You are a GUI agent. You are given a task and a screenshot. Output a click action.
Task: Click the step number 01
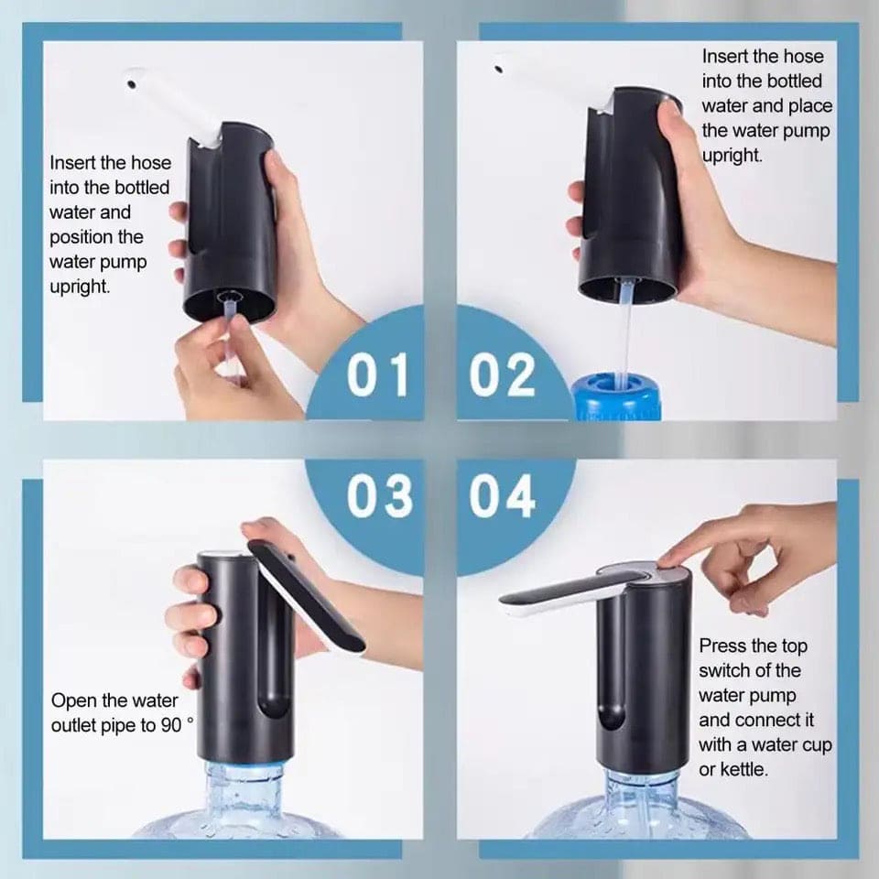(x=377, y=375)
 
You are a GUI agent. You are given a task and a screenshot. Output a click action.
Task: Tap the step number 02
(x=503, y=375)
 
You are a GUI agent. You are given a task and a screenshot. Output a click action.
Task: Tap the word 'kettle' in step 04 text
(x=745, y=770)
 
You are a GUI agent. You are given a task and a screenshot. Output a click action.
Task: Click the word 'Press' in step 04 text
(x=722, y=646)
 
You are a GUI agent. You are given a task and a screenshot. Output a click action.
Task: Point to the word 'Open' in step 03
(x=71, y=701)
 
